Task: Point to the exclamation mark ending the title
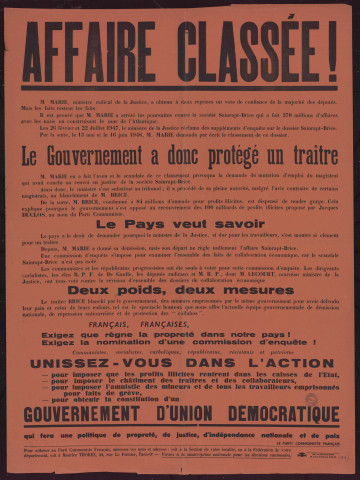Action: click(x=329, y=46)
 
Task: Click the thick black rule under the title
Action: click(x=180, y=86)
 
